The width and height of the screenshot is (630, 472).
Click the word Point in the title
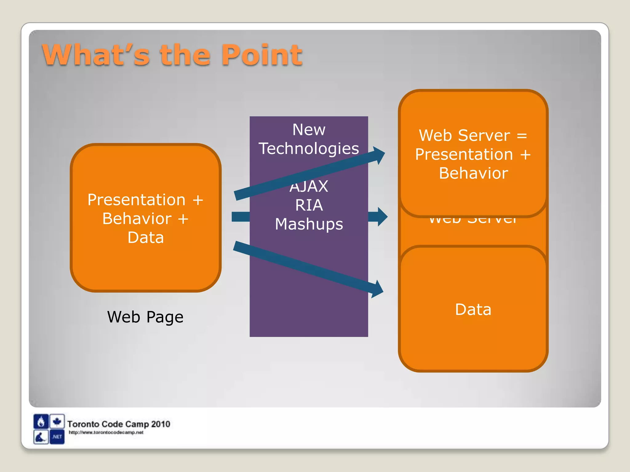click(262, 55)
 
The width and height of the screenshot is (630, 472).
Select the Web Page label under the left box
click(145, 317)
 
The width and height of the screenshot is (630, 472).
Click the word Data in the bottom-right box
click(473, 309)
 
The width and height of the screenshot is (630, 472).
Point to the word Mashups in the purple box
click(309, 224)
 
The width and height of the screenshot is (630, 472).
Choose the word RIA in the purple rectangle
click(309, 205)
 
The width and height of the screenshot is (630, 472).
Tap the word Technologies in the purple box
click(309, 148)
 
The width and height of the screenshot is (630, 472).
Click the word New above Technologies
click(309, 129)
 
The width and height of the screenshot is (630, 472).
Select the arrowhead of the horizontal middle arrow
click(381, 217)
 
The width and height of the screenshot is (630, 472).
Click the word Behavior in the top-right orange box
click(473, 173)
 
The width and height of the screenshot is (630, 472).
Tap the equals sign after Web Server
click(522, 136)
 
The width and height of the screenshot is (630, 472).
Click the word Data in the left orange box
click(146, 238)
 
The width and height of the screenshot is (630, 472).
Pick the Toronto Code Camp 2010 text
click(119, 424)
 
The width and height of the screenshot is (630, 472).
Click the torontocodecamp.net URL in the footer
click(106, 432)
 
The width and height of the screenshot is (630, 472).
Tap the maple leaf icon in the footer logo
click(57, 421)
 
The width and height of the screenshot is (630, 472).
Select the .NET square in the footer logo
click(57, 437)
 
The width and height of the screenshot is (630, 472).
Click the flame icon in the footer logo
click(41, 422)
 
